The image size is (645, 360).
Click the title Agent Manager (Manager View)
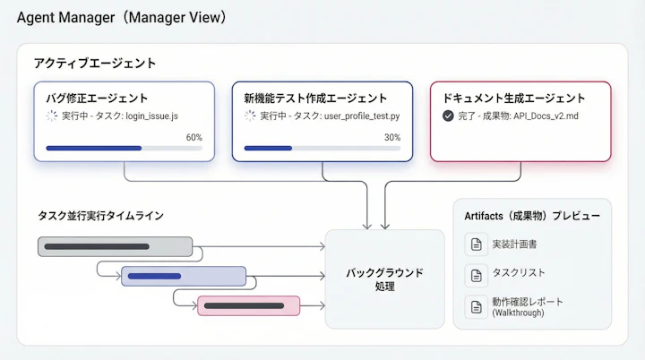[121, 17]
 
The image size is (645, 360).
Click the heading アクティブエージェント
[95, 64]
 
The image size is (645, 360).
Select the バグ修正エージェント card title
[97, 99]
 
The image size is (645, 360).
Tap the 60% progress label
[193, 137]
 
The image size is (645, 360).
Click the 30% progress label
[392, 137]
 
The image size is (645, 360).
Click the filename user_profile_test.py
[362, 116]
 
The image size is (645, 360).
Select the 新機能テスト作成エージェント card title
[315, 99]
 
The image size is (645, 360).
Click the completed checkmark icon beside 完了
[448, 116]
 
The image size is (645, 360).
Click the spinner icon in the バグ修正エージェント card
[51, 116]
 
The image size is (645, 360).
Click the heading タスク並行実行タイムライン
[100, 216]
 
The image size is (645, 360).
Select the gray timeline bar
[116, 246]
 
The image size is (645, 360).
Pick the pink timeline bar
[248, 305]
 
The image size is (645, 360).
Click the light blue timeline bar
[183, 276]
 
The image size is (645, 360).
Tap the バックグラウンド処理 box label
[384, 279]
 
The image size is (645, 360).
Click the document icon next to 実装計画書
[475, 244]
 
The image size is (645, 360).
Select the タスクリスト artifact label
[519, 273]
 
